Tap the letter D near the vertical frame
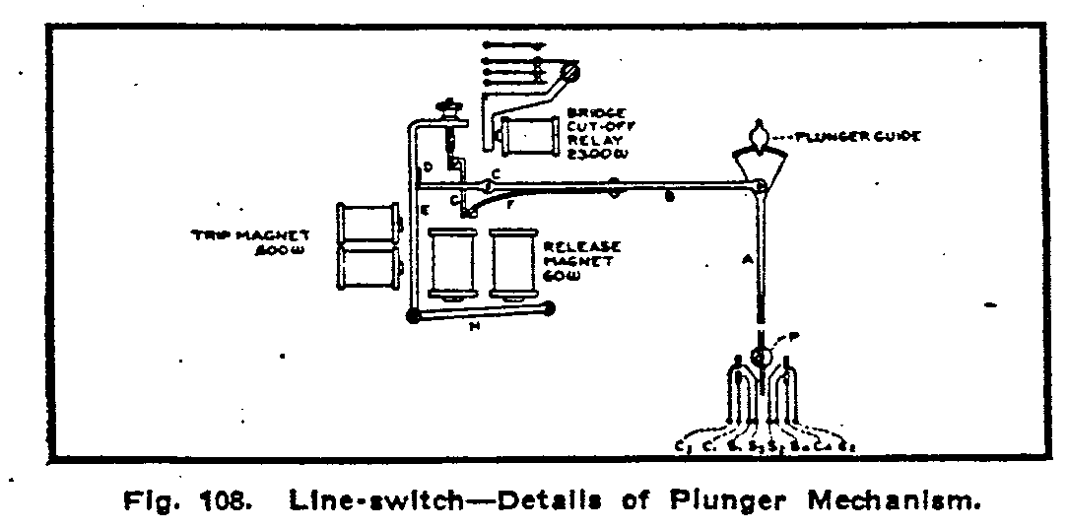428,166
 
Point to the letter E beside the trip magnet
424,210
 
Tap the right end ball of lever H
550,308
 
